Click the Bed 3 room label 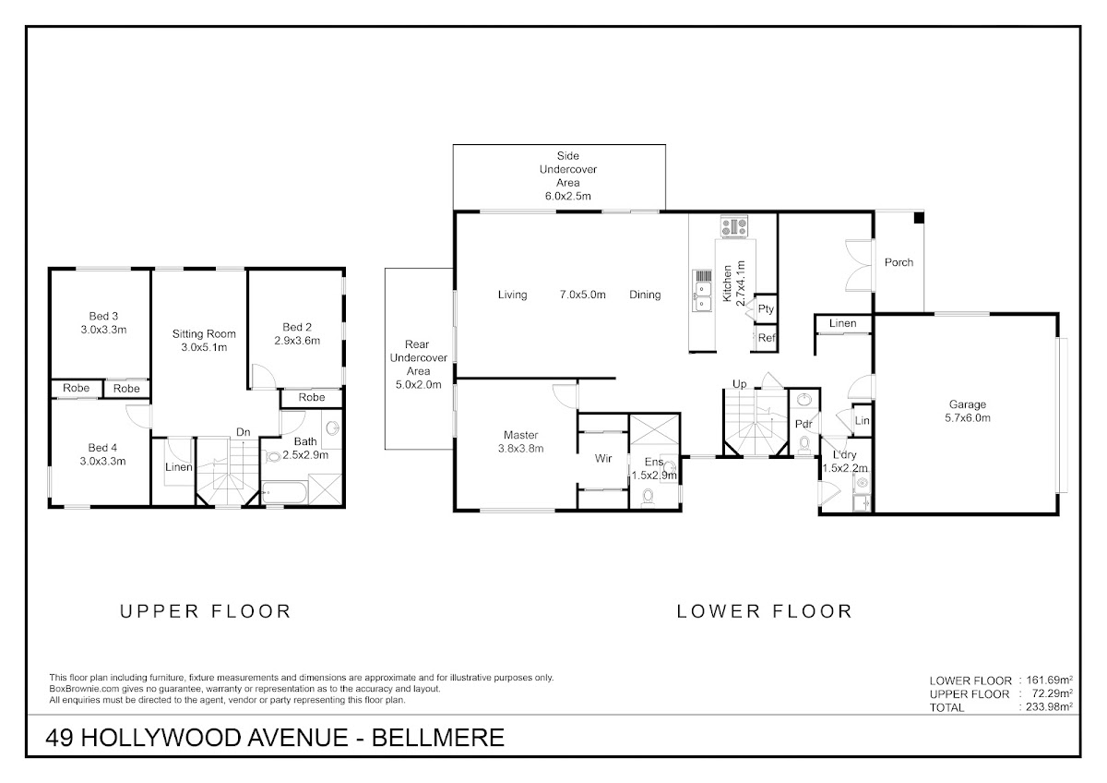point(103,316)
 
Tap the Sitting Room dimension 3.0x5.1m point(204,347)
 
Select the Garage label point(967,404)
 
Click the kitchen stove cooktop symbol point(734,226)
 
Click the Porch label point(899,262)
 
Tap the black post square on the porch point(918,218)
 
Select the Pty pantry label point(766,309)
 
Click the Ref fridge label point(767,338)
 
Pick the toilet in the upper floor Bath point(273,456)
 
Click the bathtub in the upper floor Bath point(284,493)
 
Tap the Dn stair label point(244,432)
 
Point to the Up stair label point(739,384)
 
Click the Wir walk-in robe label point(603,459)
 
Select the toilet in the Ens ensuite point(648,497)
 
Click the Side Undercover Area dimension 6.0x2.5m point(568,196)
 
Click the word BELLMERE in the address point(438,738)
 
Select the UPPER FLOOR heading point(206,612)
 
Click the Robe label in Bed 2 point(312,397)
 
